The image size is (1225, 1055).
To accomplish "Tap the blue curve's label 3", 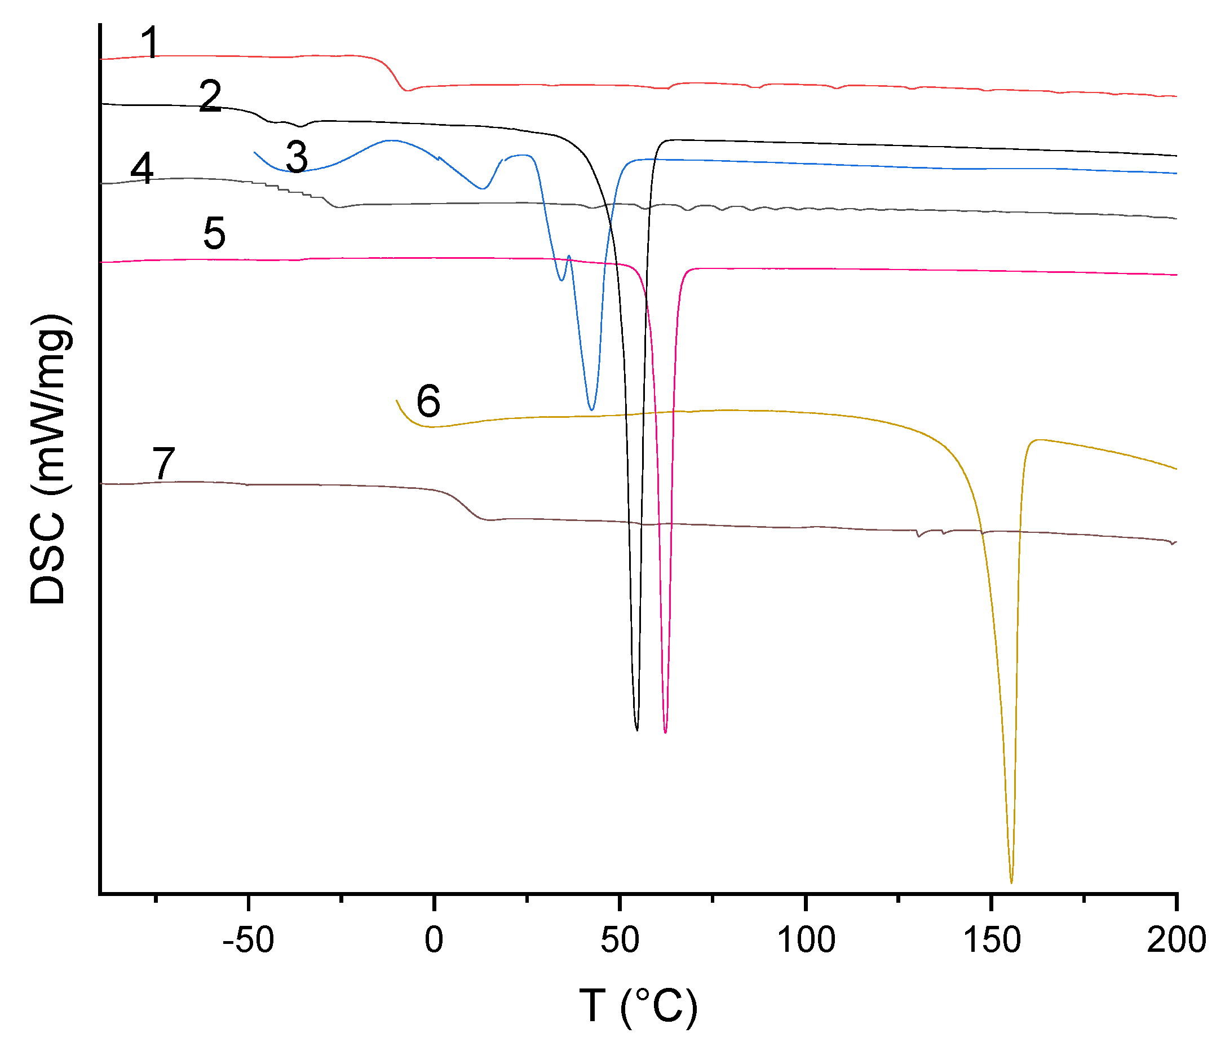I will [x=297, y=157].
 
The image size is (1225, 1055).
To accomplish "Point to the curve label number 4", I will [x=142, y=168].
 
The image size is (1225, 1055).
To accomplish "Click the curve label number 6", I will [x=428, y=401].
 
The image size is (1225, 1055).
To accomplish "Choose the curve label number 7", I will [x=164, y=463].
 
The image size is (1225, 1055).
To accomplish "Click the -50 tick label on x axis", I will [x=248, y=941].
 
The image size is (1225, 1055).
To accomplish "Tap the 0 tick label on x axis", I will [x=434, y=941].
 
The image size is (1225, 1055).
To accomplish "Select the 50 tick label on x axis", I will [x=620, y=941].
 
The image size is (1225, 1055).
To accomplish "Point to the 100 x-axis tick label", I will [x=806, y=941].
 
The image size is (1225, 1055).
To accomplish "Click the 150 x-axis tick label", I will [x=992, y=941].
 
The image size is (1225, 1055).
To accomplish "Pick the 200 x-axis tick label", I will [x=1177, y=941].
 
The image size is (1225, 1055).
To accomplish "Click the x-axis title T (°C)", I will [x=638, y=1006].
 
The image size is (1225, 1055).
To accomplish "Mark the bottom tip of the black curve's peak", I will [x=636, y=730].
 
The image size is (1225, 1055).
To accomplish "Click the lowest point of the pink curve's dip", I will [x=665, y=732].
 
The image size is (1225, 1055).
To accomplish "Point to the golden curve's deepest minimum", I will [x=1011, y=883].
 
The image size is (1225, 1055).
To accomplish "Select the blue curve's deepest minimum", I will [x=591, y=410].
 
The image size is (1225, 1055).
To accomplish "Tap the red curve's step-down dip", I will [x=406, y=90].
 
